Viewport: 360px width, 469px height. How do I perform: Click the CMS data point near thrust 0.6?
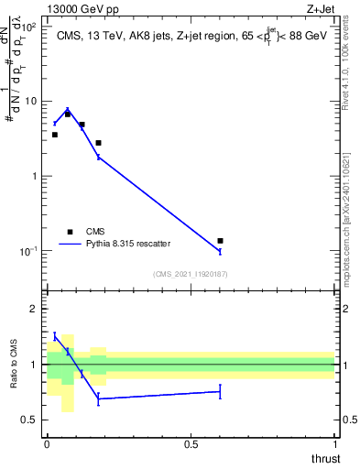pyautogui.click(x=220, y=241)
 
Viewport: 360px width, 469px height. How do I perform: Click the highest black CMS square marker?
pyautogui.click(x=68, y=115)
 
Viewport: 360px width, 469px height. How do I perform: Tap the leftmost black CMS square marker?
pyautogui.click(x=55, y=135)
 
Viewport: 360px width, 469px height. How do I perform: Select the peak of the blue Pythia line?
pyautogui.click(x=68, y=109)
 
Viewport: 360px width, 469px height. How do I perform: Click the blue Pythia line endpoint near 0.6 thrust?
pyautogui.click(x=220, y=251)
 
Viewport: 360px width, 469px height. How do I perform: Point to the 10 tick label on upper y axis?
pyautogui.click(x=31, y=101)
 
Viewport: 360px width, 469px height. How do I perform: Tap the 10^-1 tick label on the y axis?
pyautogui.click(x=28, y=251)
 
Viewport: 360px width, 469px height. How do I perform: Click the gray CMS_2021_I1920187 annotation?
pyautogui.click(x=191, y=274)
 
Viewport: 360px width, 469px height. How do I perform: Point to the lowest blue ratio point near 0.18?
pyautogui.click(x=99, y=398)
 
